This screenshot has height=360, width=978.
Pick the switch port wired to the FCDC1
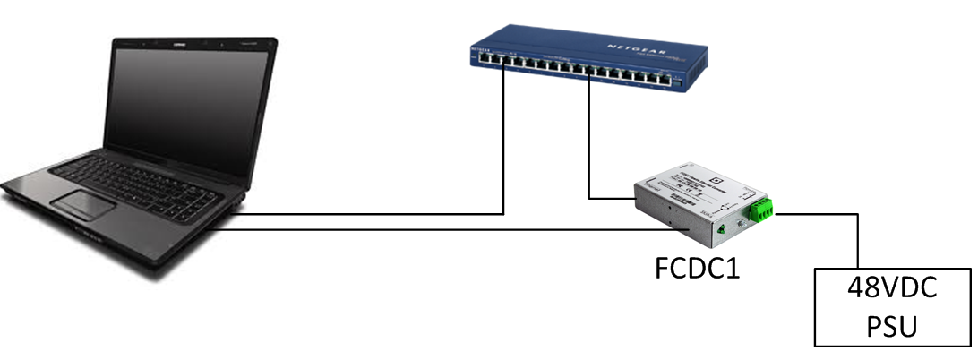point(588,71)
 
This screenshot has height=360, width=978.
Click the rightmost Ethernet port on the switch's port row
point(664,81)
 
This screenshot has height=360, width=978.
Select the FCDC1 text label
point(696,269)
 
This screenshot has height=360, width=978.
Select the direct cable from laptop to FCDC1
point(448,231)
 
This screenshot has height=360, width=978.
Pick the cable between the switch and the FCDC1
point(588,143)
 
